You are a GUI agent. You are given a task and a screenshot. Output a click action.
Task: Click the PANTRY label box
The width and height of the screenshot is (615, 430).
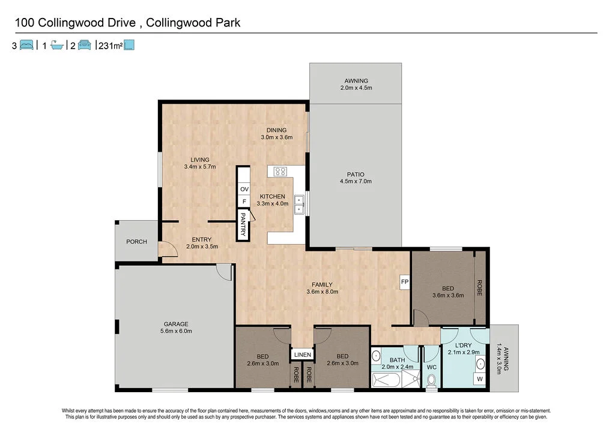click(243, 224)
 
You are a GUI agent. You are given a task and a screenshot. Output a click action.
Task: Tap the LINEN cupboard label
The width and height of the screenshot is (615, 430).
click(302, 354)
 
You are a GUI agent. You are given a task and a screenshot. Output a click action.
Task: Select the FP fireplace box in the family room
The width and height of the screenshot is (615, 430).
click(405, 281)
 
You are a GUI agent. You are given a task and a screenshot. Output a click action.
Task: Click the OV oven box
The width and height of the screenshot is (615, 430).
click(244, 189)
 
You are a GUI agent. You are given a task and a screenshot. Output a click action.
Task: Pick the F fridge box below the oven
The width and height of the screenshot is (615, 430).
click(244, 202)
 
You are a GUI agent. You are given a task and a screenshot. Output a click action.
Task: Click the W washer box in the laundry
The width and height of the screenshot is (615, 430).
click(479, 378)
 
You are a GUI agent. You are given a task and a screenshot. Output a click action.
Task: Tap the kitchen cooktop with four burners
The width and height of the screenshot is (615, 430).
click(280, 172)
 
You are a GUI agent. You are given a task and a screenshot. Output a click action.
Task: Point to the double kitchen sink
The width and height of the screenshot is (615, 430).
click(298, 203)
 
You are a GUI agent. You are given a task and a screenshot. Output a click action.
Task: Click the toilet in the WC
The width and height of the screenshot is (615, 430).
click(431, 381)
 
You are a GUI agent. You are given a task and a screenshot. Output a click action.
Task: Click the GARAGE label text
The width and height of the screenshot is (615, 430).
click(176, 324)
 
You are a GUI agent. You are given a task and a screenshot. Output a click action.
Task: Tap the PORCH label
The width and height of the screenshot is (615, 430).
click(137, 242)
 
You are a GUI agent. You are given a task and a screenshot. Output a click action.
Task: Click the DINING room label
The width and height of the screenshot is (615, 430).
click(277, 130)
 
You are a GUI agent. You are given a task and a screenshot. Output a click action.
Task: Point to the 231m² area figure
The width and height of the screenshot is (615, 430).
click(110, 45)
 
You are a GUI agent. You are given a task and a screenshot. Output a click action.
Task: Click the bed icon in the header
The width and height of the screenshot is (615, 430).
click(26, 45)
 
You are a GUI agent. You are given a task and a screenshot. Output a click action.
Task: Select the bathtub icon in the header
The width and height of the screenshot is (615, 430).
click(57, 45)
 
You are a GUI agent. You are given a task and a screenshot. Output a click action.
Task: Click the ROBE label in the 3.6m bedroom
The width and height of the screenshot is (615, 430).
click(479, 288)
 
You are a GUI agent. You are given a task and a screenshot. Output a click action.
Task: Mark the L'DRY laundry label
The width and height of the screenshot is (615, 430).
click(463, 345)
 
